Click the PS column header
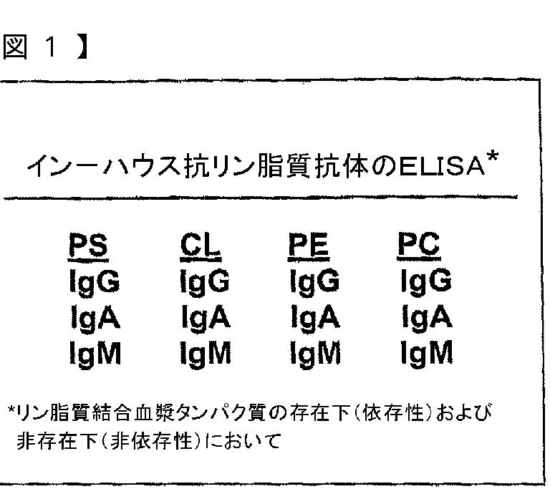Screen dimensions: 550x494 [89, 248]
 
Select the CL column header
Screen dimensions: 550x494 [200, 248]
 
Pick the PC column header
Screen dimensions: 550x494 [419, 248]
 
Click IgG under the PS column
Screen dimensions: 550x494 [93, 282]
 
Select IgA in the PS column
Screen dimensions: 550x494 [93, 317]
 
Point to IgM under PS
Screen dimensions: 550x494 [94, 352]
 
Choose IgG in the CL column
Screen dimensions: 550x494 [204, 282]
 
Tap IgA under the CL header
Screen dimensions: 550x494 [204, 317]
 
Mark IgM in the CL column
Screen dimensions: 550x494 [205, 352]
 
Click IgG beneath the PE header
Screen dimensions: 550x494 [314, 282]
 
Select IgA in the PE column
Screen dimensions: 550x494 [314, 317]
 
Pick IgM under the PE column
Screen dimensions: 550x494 [315, 352]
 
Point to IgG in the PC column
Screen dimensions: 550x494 [425, 282]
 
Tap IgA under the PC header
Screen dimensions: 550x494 [425, 317]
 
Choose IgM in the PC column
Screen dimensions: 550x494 [425, 352]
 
